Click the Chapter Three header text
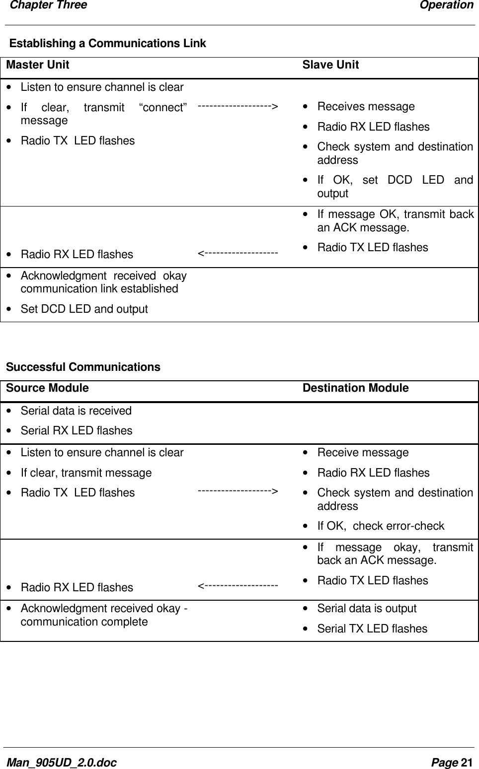48,5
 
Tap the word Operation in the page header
446,5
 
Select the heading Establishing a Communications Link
108,44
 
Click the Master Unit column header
38,65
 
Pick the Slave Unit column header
330,65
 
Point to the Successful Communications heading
83,367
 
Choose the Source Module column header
47,388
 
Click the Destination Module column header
355,388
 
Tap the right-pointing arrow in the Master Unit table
238,106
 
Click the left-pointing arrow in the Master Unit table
238,254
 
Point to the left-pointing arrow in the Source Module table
238,586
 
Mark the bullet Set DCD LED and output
84,309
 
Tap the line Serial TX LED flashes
372,629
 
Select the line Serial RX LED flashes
77,431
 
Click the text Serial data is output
367,609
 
